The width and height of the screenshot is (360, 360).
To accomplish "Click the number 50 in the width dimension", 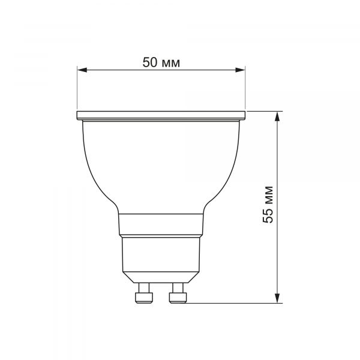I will point(149,62).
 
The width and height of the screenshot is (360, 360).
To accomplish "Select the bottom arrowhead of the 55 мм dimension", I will point(277,298).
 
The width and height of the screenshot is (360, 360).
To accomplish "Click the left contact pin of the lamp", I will point(143,296).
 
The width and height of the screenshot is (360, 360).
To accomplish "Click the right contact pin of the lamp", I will point(178,296).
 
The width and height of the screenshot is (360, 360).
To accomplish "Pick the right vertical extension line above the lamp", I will point(246,90).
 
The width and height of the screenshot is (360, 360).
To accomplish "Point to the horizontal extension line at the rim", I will point(264,111).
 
